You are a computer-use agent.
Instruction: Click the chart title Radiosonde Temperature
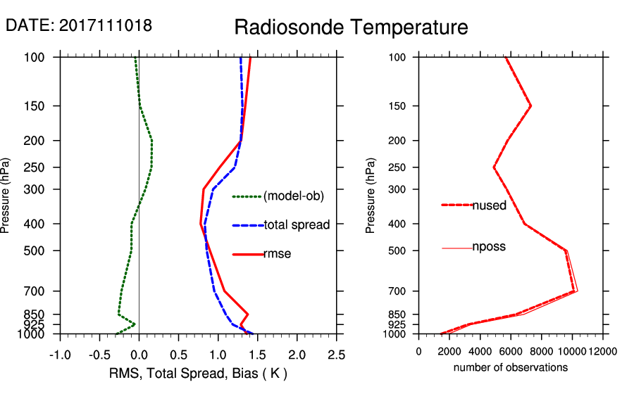[351, 27]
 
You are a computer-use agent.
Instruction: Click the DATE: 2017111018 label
[79, 25]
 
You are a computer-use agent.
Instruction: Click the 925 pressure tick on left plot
[34, 324]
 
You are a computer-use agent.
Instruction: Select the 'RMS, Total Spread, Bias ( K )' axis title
[199, 372]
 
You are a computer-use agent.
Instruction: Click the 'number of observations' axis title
[511, 367]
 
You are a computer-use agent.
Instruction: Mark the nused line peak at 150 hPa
[530, 106]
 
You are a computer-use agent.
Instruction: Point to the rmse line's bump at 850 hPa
[247, 314]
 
